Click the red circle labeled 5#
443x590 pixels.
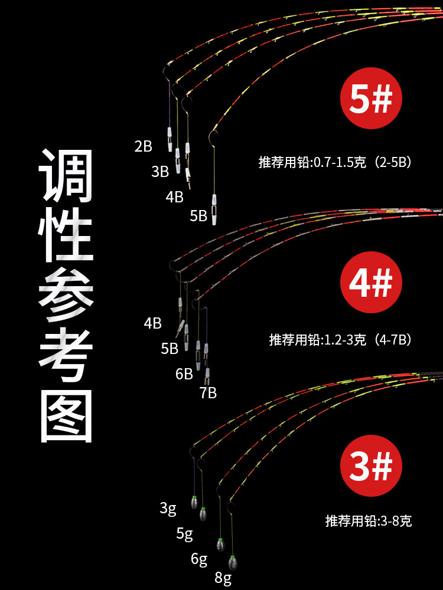[x=371, y=101]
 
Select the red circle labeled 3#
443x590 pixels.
[x=371, y=468]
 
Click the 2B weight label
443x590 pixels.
[x=144, y=146]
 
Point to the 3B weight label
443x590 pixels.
[x=160, y=172]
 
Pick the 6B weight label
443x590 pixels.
[x=184, y=373]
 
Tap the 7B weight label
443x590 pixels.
[x=208, y=393]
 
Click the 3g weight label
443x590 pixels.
[x=168, y=508]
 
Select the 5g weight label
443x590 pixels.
[x=185, y=534]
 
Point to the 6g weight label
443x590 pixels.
[x=199, y=559]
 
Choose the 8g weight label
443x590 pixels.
[x=223, y=578]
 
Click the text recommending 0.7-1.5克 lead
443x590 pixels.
[x=334, y=162]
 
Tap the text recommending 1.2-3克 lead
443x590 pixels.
[x=340, y=339]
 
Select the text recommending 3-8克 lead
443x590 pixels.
[x=368, y=521]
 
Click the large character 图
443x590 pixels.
[x=67, y=415]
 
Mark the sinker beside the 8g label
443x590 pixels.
[x=233, y=562]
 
